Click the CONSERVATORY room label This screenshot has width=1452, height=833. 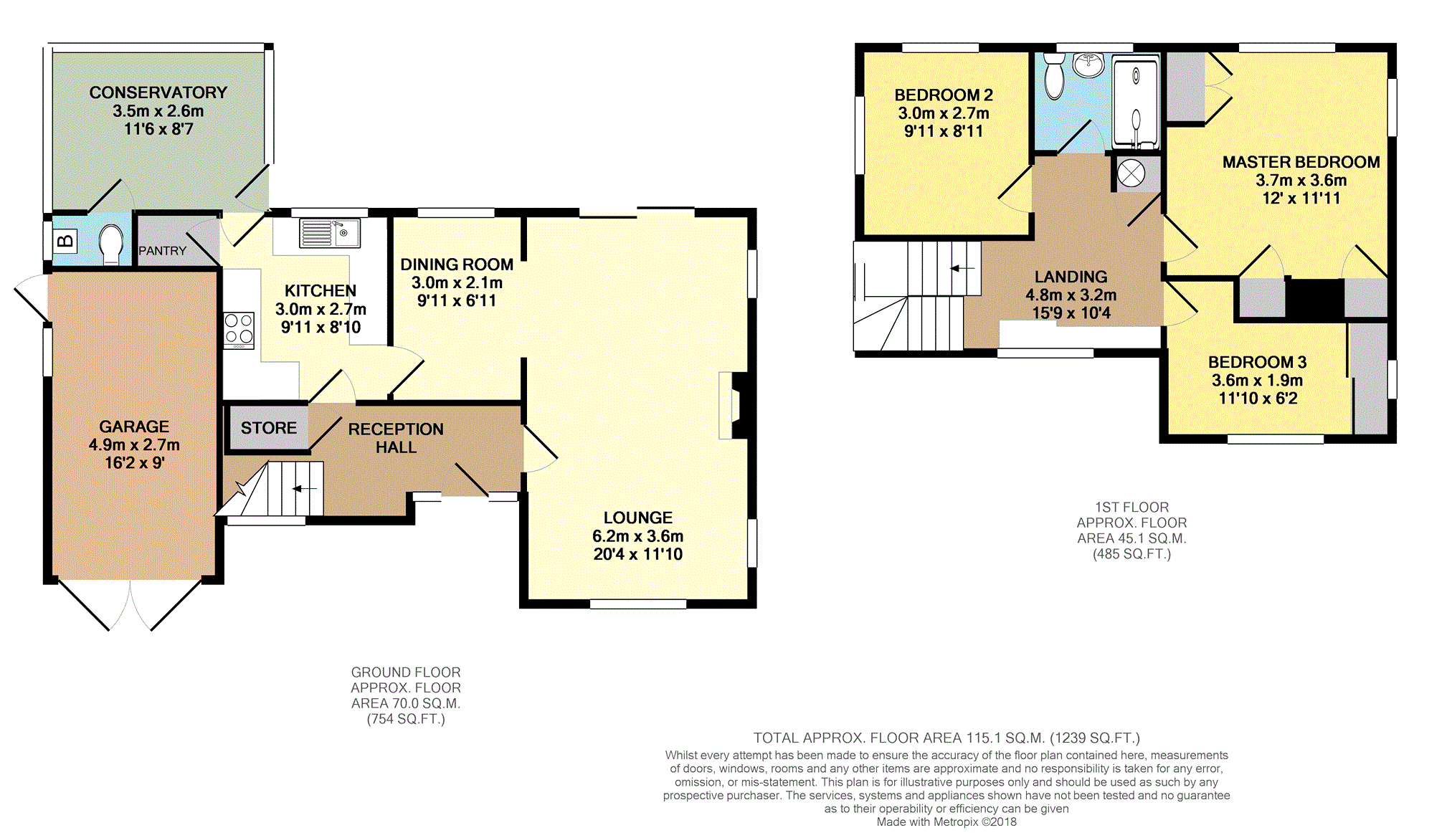(158, 92)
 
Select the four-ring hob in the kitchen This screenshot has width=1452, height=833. (239, 330)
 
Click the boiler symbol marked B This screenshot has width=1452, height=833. (65, 241)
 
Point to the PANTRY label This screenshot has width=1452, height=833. (162, 251)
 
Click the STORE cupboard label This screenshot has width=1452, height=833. (269, 428)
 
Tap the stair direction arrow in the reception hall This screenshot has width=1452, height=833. (305, 488)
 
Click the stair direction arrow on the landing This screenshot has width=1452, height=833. (962, 269)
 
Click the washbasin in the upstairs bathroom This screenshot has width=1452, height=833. (1088, 65)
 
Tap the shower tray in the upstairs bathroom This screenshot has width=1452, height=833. (1136, 104)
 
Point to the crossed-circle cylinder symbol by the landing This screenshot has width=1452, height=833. (1131, 174)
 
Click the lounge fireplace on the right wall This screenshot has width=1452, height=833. (733, 405)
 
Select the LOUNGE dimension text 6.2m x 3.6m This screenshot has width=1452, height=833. (637, 536)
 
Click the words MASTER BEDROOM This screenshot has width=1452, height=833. (1301, 162)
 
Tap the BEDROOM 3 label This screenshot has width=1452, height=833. (1257, 362)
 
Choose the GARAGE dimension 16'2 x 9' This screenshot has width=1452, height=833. (134, 463)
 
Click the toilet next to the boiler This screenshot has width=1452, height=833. (111, 244)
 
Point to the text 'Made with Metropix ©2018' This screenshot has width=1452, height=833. (946, 822)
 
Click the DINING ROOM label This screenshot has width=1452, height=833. (457, 265)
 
